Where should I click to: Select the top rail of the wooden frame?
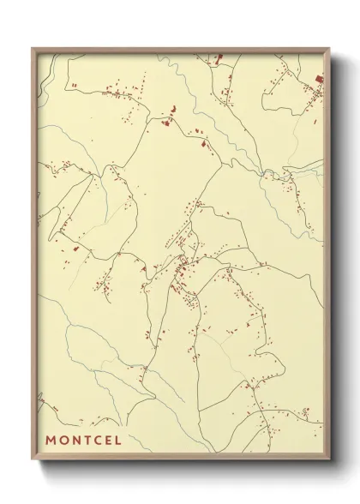[x=180, y=50]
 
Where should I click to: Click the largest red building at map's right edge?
[x=320, y=80]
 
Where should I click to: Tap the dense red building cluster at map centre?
[x=182, y=273]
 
